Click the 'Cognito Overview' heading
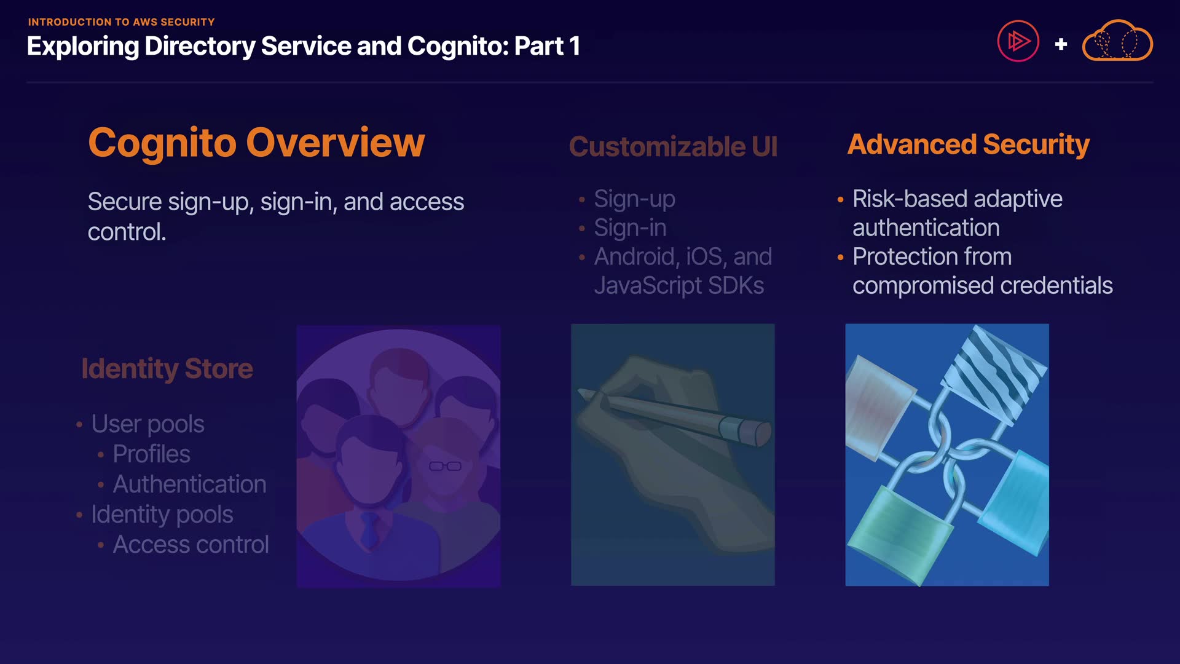[256, 143]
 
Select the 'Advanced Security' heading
[969, 145]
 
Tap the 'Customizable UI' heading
[673, 147]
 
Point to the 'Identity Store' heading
[167, 369]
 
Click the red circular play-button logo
[1018, 41]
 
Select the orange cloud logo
[1117, 41]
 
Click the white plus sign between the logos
[1061, 44]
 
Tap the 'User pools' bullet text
[147, 424]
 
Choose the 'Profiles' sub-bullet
[151, 454]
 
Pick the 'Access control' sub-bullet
[191, 545]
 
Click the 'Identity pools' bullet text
[162, 515]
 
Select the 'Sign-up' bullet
[634, 199]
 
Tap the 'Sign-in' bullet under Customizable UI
[630, 228]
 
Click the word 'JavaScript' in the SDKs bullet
[648, 286]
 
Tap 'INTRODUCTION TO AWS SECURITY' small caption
[121, 22]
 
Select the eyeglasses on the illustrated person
[445, 466]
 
